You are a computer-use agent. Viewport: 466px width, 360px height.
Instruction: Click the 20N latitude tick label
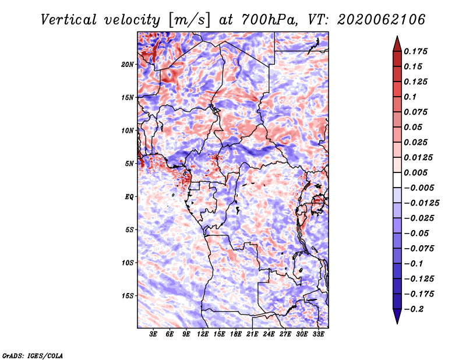tap(128, 65)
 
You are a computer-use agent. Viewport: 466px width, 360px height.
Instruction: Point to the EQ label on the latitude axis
tap(129, 197)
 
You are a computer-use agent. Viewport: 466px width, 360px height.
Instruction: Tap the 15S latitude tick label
tap(128, 296)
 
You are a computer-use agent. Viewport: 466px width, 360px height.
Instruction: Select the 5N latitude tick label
tap(129, 164)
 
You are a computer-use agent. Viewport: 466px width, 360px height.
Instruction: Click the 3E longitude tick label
tap(153, 334)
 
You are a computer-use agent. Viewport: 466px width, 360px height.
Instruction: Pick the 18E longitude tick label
tap(236, 334)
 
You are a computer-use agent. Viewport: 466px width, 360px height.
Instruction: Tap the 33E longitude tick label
tap(318, 334)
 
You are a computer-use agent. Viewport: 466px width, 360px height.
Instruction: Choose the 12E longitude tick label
tap(203, 334)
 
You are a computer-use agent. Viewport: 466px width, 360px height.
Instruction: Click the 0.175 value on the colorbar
tap(415, 51)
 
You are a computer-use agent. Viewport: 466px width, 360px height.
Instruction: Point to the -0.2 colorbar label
tap(414, 309)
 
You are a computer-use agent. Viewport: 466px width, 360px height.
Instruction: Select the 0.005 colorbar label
tap(415, 172)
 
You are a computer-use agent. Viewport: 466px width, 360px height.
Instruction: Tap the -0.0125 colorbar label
tap(421, 203)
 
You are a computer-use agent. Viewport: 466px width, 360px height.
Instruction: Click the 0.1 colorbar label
tap(410, 97)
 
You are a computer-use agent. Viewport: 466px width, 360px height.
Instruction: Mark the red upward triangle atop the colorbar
tap(397, 44)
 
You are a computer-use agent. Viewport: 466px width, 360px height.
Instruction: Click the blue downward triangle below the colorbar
tap(397, 316)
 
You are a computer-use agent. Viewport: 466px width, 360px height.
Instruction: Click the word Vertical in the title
tap(68, 20)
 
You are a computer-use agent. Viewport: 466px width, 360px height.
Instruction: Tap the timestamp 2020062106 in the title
tap(382, 20)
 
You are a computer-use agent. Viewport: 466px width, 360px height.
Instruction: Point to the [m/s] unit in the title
tap(189, 20)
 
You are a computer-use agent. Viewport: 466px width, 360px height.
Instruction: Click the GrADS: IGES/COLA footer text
tap(33, 355)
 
